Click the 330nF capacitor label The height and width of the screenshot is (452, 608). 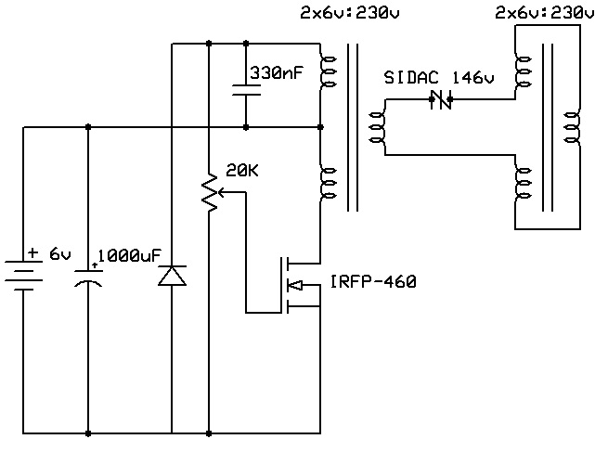(x=276, y=73)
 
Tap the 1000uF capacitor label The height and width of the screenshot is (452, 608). (x=129, y=256)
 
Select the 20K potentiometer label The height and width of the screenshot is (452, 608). (x=242, y=171)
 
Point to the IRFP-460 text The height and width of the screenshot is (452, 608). (x=373, y=282)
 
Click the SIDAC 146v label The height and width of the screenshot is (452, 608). (x=439, y=78)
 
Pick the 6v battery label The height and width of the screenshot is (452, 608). (x=60, y=254)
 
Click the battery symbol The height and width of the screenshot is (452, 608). (x=23, y=276)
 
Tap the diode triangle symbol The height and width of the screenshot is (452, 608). (x=172, y=276)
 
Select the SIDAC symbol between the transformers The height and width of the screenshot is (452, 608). (x=441, y=99)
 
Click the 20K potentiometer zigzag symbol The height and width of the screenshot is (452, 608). (x=210, y=193)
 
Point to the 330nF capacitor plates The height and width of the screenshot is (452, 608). (x=246, y=90)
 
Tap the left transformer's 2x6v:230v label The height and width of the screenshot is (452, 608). (x=350, y=13)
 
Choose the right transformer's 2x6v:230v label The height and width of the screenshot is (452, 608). (x=544, y=13)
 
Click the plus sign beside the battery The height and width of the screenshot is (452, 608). (x=33, y=253)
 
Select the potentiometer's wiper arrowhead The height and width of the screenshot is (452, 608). (x=222, y=192)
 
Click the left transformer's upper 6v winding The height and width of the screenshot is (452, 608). (x=327, y=71)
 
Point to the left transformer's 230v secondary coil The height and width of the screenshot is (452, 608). (x=377, y=127)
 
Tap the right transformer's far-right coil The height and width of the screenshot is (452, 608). (x=573, y=127)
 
